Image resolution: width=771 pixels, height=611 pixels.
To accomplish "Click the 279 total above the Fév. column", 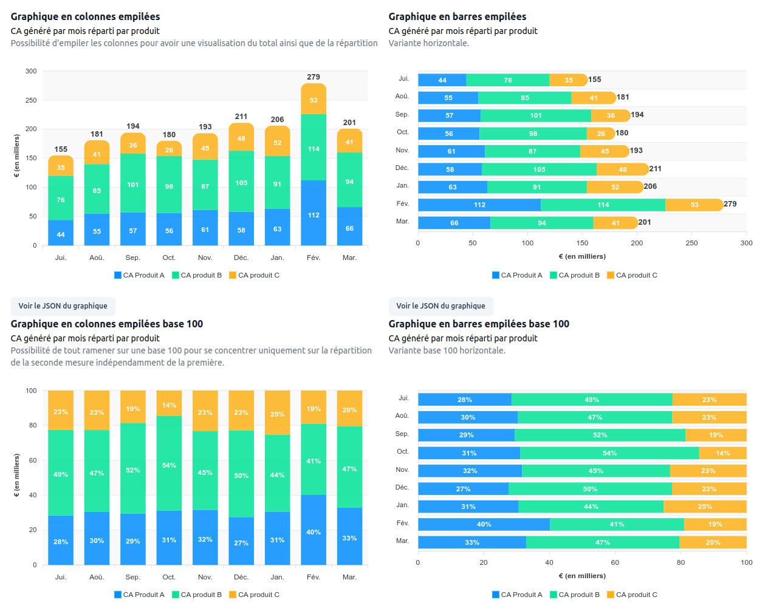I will [x=314, y=77].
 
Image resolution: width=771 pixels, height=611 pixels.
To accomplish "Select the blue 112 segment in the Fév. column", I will [x=314, y=213].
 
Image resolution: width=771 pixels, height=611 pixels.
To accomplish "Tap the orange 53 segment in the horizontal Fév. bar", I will [x=694, y=205].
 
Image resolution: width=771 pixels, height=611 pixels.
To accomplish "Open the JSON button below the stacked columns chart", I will [x=63, y=306].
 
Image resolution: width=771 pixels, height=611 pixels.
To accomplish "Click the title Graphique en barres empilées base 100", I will [x=479, y=324].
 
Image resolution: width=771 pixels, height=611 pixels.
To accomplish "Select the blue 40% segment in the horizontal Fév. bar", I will [x=484, y=524].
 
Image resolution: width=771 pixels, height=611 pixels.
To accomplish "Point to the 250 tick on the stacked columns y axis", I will [x=31, y=100].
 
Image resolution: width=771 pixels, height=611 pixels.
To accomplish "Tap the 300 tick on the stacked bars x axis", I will [x=746, y=243].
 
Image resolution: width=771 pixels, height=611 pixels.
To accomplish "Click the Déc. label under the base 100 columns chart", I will [x=241, y=577].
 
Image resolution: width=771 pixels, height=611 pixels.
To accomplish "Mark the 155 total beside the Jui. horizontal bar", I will [x=595, y=80].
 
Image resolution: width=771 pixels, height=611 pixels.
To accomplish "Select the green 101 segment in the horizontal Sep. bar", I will [x=535, y=115].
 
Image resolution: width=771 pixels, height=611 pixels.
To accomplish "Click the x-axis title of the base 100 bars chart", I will [x=582, y=576].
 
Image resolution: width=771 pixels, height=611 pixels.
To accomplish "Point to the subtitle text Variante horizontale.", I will [x=428, y=43].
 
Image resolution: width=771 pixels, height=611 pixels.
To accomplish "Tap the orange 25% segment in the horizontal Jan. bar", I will [x=705, y=507].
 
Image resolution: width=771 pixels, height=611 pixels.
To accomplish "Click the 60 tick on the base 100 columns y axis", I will [x=33, y=460].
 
